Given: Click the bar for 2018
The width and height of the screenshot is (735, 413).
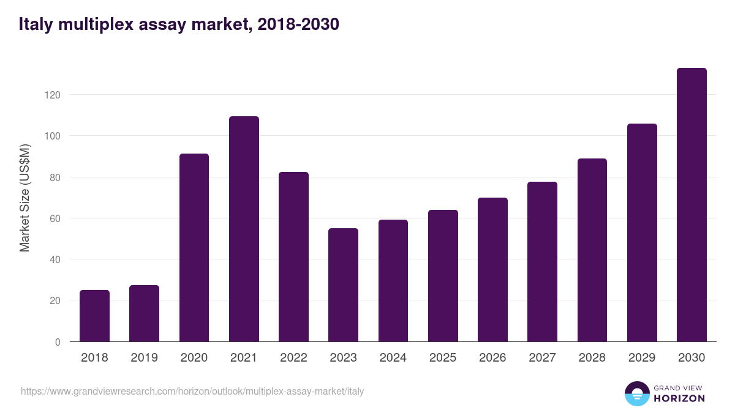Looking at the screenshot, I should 94,316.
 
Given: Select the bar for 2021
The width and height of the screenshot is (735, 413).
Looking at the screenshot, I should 244,229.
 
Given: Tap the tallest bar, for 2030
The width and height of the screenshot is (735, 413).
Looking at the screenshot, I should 692,205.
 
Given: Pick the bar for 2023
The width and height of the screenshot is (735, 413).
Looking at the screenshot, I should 343,285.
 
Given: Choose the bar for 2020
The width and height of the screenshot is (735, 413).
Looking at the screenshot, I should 194,248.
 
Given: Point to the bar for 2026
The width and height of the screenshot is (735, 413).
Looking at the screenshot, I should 492,270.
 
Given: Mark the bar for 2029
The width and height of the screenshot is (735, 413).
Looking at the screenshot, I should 642,233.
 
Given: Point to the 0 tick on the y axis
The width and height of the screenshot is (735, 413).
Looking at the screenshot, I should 58,342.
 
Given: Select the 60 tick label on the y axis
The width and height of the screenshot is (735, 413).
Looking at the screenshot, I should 55,218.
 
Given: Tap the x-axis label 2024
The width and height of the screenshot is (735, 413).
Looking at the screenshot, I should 393,358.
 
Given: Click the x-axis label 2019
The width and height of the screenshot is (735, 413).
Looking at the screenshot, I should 144,358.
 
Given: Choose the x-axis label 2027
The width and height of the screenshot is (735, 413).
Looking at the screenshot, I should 542,358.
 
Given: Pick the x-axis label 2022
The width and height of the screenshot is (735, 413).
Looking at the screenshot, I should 293,358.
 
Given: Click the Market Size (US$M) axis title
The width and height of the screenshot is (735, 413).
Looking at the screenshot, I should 24,198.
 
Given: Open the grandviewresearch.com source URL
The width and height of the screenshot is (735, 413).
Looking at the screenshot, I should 192,391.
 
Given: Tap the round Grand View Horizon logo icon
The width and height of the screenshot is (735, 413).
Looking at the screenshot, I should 636,393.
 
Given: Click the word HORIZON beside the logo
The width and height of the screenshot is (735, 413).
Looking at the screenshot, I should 679,398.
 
